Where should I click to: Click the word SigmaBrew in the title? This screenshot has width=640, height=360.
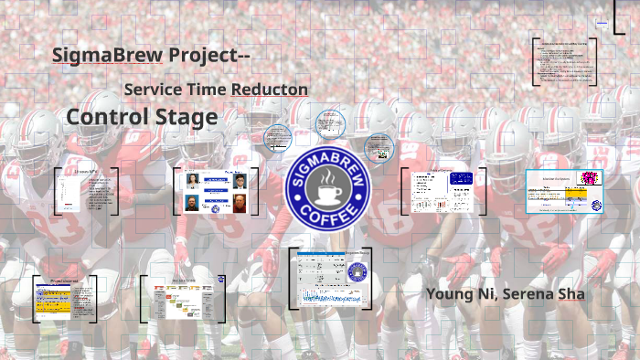107,55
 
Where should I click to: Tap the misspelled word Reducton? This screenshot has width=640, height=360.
269,90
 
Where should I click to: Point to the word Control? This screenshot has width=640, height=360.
101,117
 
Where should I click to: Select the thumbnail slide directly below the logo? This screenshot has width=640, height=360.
330,277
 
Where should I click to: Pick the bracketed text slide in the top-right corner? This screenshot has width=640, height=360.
564,62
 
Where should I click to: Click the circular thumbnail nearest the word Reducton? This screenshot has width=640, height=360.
330,123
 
